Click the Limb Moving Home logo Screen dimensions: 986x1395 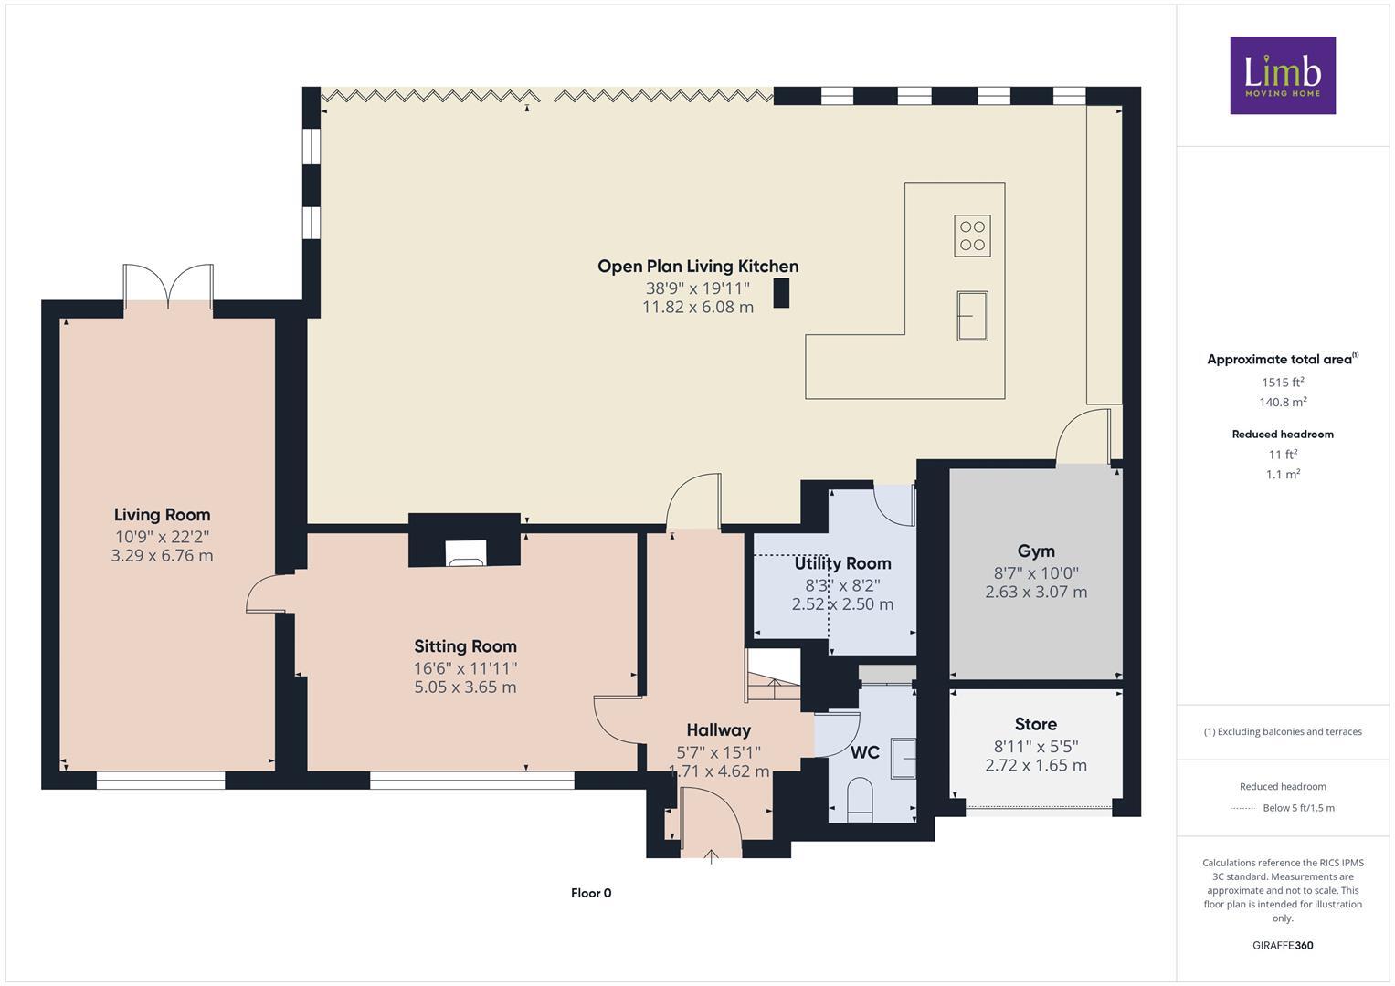point(1282,75)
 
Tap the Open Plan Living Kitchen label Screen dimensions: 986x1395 point(698,267)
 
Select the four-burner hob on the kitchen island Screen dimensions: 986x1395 point(972,235)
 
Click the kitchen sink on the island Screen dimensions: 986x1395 point(972,315)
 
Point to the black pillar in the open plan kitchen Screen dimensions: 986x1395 point(781,293)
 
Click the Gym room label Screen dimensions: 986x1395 point(1036,551)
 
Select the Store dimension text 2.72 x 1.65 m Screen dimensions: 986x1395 point(1036,765)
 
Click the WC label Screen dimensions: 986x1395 point(864,752)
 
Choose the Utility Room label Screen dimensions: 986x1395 point(842,563)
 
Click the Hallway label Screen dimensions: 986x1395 point(718,729)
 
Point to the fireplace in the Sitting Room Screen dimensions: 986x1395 point(466,552)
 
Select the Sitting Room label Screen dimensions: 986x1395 point(465,646)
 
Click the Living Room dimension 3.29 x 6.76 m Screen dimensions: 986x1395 point(162,555)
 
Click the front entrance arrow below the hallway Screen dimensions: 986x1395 point(711,855)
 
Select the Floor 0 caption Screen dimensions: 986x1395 point(590,893)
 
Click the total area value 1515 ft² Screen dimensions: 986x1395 point(1282,383)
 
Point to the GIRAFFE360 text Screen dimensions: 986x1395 point(1282,945)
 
